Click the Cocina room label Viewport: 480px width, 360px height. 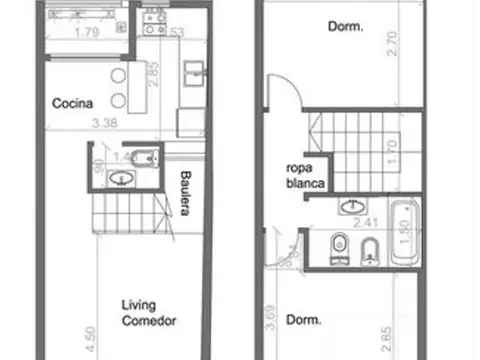(x=74, y=103)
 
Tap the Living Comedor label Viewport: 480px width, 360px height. (x=150, y=313)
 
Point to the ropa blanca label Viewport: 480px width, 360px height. (x=304, y=176)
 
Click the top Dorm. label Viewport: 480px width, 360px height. (x=345, y=27)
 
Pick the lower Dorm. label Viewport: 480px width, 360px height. (x=304, y=321)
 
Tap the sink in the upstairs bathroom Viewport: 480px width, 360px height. (x=353, y=207)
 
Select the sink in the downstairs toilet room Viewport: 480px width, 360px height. (x=120, y=179)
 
